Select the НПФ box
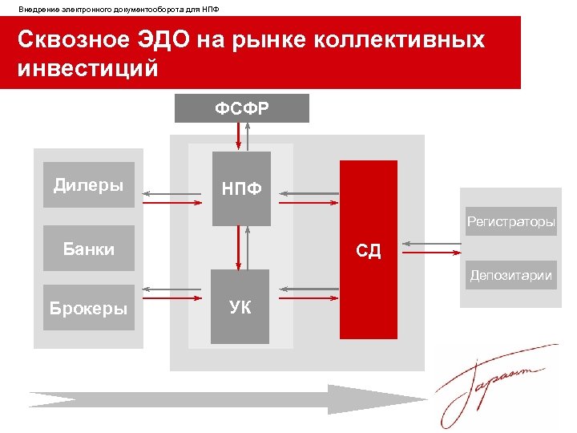[x=241, y=188]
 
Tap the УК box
[x=240, y=307]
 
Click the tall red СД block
[x=369, y=249]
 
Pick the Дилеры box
[x=88, y=185]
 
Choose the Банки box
[x=88, y=249]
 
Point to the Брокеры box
[x=88, y=307]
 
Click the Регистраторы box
[x=511, y=222]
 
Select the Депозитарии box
[x=511, y=275]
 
